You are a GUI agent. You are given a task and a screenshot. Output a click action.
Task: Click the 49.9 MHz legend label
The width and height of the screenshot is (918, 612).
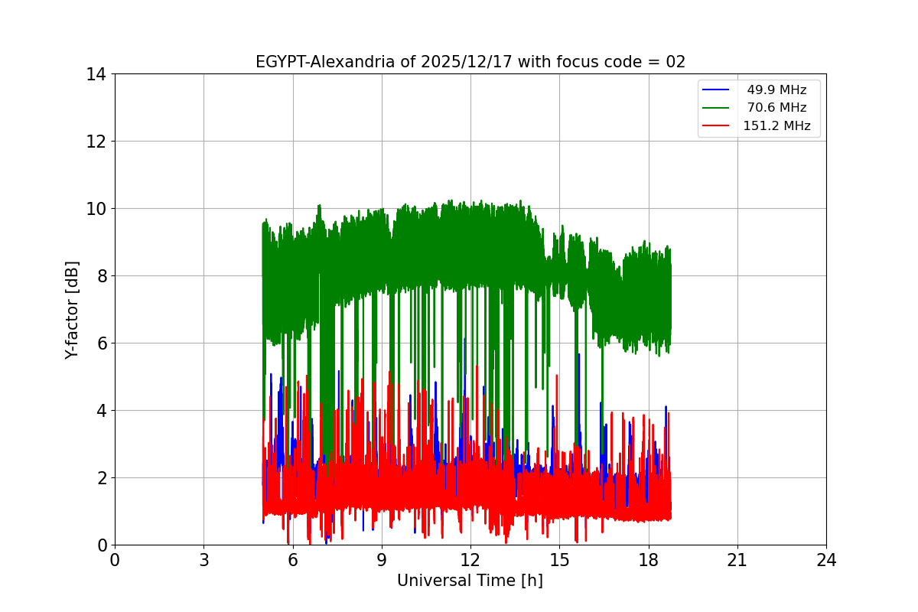coord(776,90)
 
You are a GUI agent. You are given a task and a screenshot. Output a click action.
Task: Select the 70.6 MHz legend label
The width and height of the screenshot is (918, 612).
coord(776,108)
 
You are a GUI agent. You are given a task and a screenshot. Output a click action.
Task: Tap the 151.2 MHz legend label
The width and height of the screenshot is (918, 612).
coord(776,126)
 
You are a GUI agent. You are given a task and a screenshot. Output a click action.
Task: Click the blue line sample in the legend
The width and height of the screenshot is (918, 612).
coord(716,90)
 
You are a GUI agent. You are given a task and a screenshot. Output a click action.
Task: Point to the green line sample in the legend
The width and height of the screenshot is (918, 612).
coord(716,108)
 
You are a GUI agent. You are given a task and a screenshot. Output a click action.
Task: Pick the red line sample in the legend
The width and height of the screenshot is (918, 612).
coord(716,126)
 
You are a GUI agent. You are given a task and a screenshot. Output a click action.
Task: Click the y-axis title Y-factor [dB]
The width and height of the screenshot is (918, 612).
coord(72,309)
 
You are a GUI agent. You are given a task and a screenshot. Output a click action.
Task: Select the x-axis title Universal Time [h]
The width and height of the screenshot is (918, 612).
coord(470,581)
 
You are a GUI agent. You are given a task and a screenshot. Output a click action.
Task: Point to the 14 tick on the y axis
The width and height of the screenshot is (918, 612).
coord(96,74)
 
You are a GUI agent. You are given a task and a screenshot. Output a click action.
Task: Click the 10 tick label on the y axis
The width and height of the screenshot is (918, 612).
coord(96,209)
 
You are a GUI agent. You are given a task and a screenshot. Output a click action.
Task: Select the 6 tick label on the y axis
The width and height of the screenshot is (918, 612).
coord(101,343)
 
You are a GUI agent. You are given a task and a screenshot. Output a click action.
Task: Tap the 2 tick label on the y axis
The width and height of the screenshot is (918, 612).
coord(101,478)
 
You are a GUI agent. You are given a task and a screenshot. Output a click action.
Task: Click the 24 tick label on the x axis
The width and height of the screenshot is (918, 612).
coord(826,560)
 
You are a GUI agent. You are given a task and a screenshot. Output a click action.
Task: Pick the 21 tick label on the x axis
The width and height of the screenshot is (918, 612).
coord(737,560)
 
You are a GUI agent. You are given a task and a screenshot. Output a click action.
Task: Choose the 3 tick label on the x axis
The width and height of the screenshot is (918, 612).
coord(203,560)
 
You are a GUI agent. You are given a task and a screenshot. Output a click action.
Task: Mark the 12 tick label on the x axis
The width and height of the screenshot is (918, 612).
coord(470,560)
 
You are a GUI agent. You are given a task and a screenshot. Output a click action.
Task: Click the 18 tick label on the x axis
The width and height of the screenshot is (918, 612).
coord(649,560)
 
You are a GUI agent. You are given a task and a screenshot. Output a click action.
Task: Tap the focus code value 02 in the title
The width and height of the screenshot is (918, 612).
coord(675,62)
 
